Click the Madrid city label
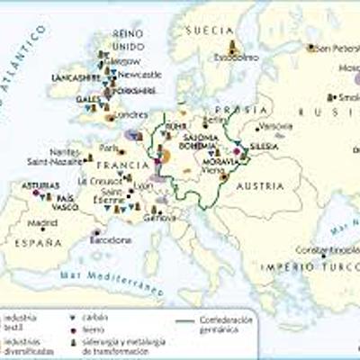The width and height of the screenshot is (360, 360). click(x=42, y=222)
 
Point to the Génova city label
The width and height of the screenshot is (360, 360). click(x=158, y=218)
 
